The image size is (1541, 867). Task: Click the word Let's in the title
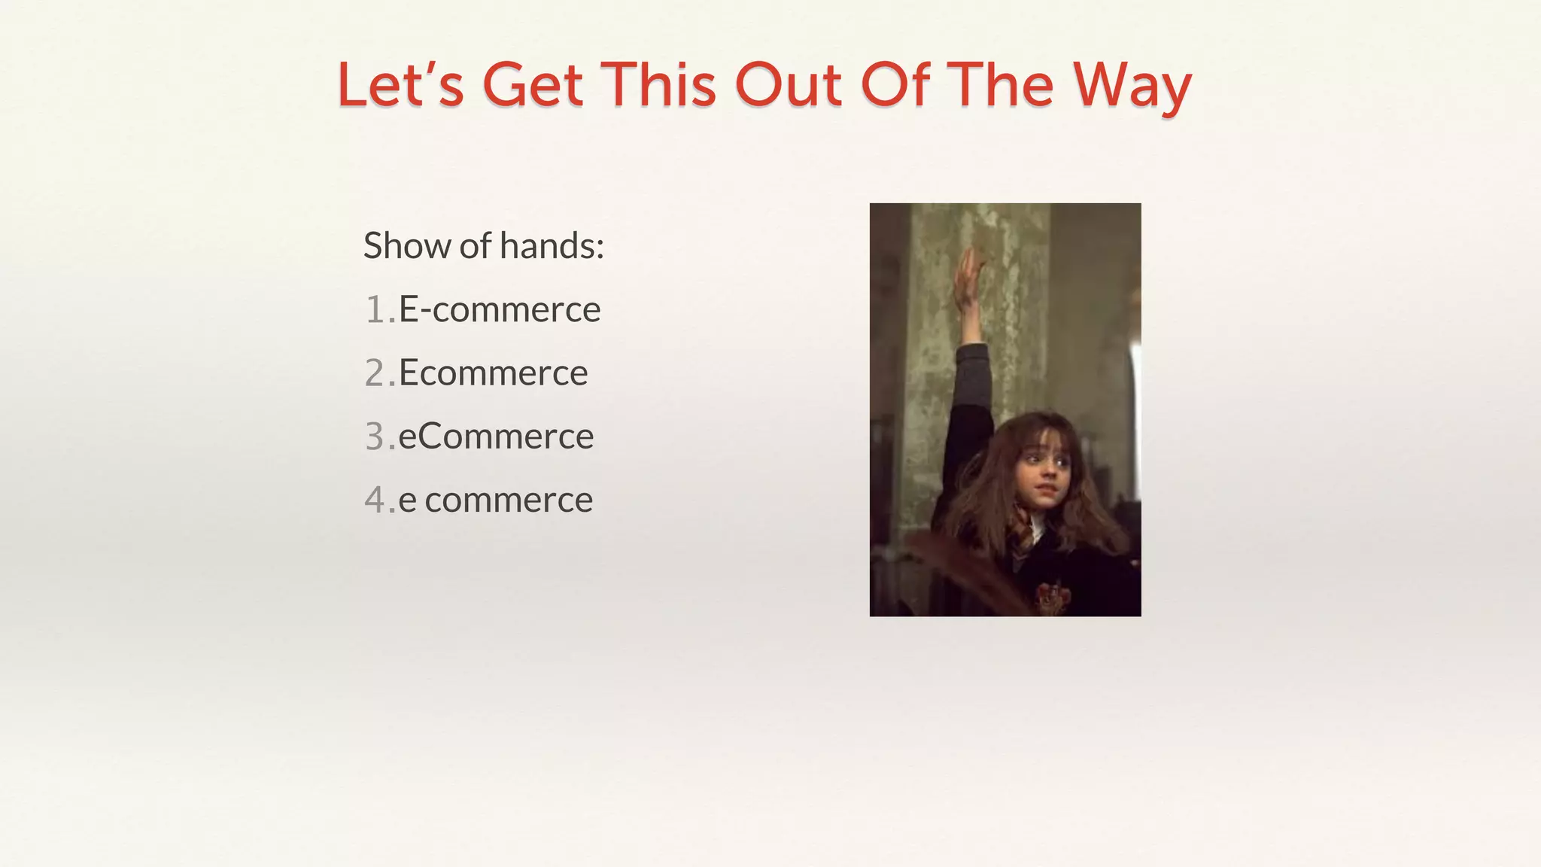[x=400, y=84]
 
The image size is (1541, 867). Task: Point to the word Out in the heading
[x=788, y=84]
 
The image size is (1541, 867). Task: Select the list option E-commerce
[x=500, y=309]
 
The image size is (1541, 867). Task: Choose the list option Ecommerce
[x=493, y=373]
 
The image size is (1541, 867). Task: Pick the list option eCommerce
[x=496, y=437]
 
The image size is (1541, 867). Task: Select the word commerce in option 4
[x=509, y=500]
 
